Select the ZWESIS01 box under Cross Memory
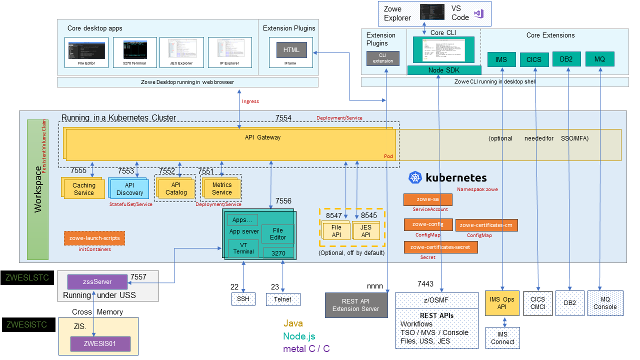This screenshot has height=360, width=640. pos(100,344)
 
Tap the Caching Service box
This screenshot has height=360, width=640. pos(83,189)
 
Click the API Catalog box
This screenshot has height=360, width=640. pos(176,188)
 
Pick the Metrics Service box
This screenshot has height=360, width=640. pos(221,189)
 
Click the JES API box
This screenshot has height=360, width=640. pos(366,231)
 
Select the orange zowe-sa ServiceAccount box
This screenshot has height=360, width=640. pos(427,199)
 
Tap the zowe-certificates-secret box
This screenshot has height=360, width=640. pos(440,247)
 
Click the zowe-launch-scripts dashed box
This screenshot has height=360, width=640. pos(94,238)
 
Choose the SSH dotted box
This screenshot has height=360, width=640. pos(243,299)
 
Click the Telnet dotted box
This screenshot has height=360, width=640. pos(283,299)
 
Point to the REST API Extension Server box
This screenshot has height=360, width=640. pos(356,305)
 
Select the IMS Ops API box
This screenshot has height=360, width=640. pos(502,303)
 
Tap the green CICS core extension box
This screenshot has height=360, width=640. pos(534,59)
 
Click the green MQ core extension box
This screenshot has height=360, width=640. pos(599,59)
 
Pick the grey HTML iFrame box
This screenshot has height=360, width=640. pos(291,50)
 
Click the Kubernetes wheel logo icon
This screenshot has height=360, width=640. pos(415,177)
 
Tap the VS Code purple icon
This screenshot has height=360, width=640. pos(479,13)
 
